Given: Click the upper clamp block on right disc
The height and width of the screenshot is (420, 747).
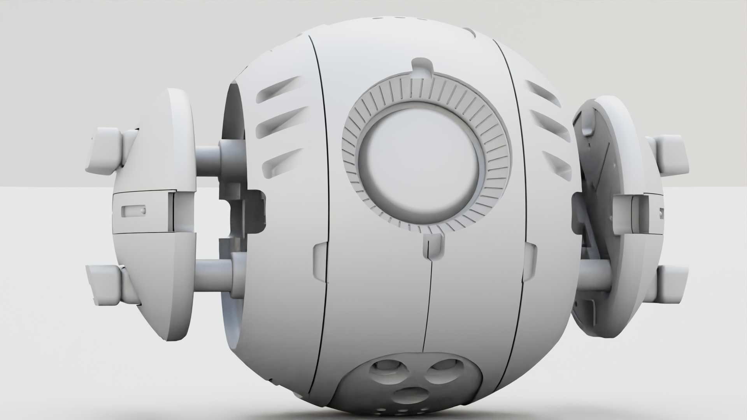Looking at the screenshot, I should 669,154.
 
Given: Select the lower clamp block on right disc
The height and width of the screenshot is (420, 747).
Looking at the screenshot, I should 670,285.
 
